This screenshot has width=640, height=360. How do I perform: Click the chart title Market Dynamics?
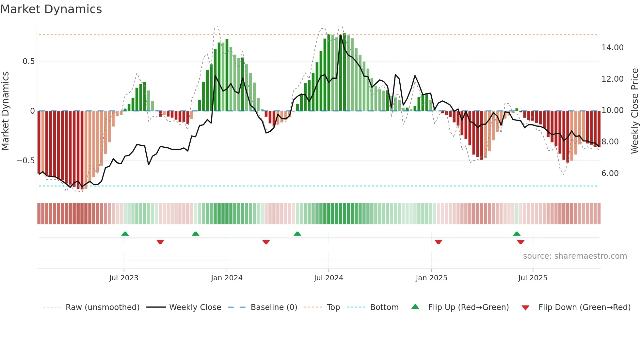[x=51, y=9]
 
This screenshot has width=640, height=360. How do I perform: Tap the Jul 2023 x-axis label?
[x=124, y=278]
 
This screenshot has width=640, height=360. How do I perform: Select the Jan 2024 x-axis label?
[x=227, y=278]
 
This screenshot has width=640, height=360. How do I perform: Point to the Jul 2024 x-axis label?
[x=328, y=278]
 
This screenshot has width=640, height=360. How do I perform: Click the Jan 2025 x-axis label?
[x=431, y=278]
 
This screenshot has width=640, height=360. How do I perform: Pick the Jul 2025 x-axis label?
[x=533, y=278]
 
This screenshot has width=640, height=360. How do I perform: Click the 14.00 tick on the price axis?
[x=612, y=48]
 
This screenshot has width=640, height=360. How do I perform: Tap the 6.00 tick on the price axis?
[x=610, y=173]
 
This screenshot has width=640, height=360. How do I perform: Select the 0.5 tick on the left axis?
[x=28, y=61]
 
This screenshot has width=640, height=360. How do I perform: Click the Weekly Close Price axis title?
[x=634, y=111]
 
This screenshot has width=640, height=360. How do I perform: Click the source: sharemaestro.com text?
[x=575, y=256]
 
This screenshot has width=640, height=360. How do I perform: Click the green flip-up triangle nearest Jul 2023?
[x=125, y=234]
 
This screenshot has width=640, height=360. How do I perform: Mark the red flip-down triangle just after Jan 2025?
[x=438, y=242]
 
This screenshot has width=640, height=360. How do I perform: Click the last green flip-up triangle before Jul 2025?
[x=517, y=234]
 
